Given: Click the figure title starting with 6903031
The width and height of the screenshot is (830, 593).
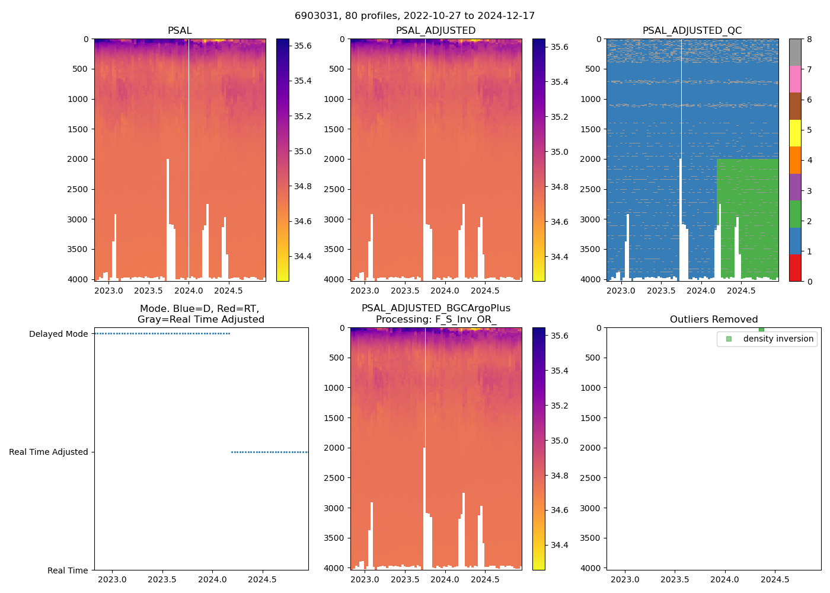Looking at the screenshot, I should point(414,16).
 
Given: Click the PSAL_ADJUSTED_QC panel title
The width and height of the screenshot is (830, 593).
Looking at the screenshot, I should point(692,31).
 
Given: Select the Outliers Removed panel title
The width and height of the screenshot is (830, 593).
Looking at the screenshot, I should point(713,320).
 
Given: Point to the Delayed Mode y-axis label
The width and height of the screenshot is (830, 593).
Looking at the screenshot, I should point(58,334).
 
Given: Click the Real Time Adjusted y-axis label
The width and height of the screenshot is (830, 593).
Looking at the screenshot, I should point(49,452).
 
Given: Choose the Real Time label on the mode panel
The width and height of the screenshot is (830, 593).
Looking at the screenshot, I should point(68,570).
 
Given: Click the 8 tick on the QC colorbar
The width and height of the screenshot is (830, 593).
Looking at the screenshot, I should point(809,40).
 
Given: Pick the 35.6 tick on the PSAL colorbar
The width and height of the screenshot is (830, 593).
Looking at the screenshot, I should point(304,46).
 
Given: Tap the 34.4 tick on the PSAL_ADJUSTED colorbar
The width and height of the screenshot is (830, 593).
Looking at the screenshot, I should point(560,257).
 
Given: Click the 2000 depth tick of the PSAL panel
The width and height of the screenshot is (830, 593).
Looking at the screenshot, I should point(78,159).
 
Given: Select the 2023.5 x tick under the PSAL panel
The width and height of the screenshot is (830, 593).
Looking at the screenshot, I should point(148,291).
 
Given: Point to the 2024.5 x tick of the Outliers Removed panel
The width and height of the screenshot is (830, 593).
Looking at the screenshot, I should point(774,579).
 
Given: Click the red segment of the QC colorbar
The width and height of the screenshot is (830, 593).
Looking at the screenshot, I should point(795,267).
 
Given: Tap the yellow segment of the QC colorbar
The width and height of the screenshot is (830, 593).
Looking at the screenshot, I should point(795,133).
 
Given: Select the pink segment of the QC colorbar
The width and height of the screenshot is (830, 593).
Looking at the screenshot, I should point(795,79).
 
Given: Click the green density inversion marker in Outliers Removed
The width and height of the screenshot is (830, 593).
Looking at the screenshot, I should point(761,330).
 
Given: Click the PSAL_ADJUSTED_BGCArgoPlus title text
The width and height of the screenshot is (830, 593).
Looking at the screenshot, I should point(436,308).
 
